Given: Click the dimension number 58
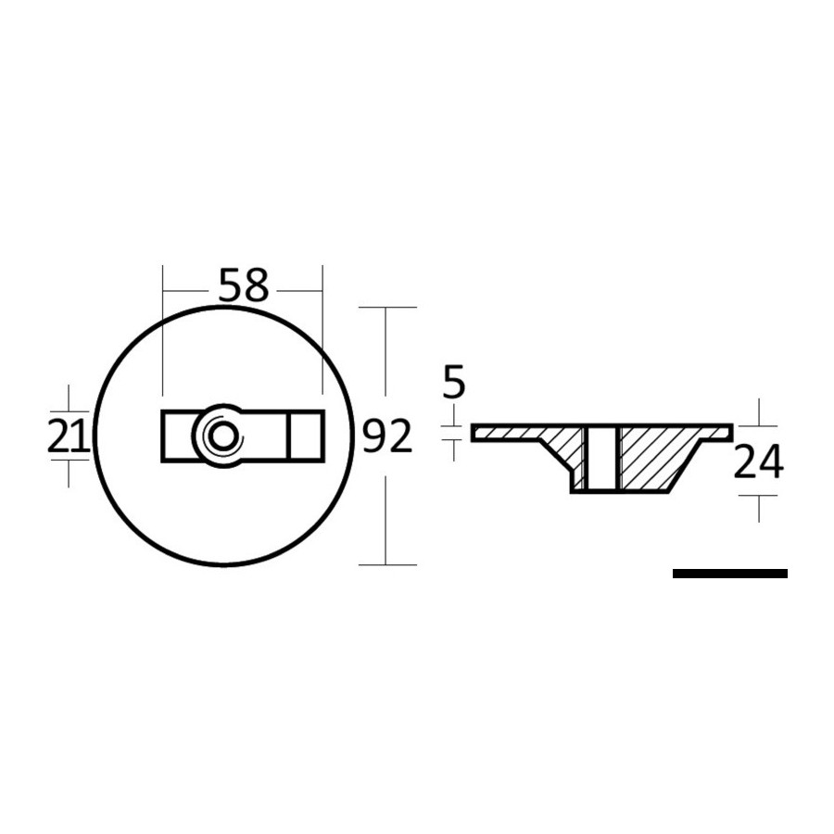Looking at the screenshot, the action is tap(244, 285).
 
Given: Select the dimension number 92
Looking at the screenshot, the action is tap(387, 436).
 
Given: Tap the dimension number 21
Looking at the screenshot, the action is tap(69, 436).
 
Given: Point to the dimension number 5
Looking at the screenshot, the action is tap(454, 382).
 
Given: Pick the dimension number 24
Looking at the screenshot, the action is tap(758, 461).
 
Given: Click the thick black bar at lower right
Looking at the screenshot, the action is tap(730, 574).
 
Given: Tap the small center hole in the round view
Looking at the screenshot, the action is tap(219, 436).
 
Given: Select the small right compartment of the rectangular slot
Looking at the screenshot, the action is tap(306, 436).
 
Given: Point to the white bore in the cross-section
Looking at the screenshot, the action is tap(601, 458).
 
